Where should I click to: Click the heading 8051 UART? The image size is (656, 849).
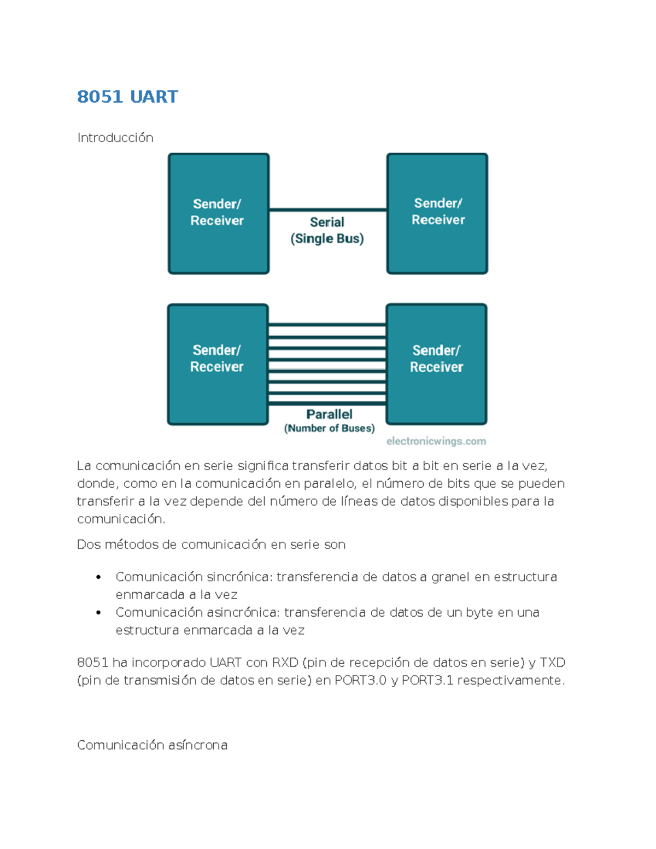tap(127, 97)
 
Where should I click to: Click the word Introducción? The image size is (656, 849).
tap(115, 137)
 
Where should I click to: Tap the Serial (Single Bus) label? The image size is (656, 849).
tap(327, 230)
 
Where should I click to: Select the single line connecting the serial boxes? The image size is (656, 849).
tap(328, 209)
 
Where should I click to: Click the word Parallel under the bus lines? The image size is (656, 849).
tap(329, 414)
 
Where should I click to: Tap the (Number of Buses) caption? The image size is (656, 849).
tap(329, 428)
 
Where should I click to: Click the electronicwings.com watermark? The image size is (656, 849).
tap(436, 441)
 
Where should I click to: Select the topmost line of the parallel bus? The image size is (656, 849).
tap(327, 325)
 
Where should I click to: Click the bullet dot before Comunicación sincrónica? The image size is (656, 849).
tap(98, 577)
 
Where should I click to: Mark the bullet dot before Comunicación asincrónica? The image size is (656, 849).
tap(98, 613)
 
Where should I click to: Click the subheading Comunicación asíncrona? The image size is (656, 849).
tap(152, 745)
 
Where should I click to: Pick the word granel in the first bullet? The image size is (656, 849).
tap(450, 577)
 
